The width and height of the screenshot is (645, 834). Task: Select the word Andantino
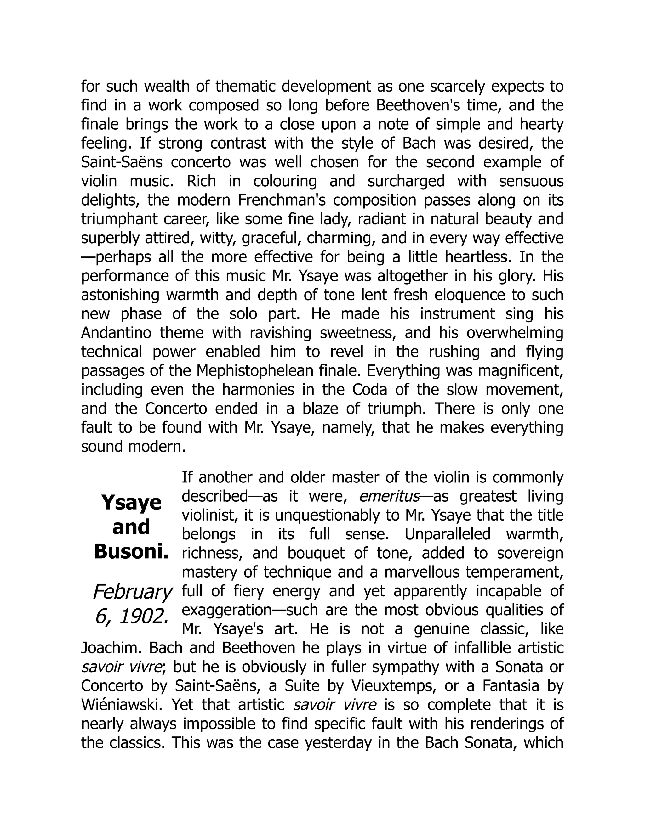pos(116,333)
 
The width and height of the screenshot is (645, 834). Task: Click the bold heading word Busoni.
pos(131,551)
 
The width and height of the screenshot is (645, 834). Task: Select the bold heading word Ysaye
pos(131,503)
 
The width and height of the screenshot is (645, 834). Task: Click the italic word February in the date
pos(132,592)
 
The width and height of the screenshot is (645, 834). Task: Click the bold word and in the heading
pos(131,527)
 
